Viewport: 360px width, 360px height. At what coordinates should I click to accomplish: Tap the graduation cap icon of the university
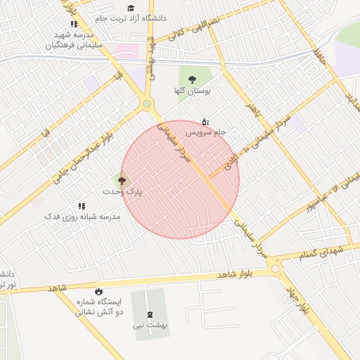tap(131, 8)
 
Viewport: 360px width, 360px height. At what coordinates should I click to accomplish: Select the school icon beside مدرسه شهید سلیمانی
tap(75, 24)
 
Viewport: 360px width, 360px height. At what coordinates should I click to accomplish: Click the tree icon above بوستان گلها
tap(192, 79)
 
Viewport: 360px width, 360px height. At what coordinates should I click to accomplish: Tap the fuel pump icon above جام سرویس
tap(205, 121)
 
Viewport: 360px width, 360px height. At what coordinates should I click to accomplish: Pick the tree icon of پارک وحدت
tap(122, 181)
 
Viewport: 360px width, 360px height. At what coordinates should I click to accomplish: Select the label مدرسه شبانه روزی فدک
tap(82, 217)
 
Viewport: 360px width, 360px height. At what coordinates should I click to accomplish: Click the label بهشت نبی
tap(150, 326)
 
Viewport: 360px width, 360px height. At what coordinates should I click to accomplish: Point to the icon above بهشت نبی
tap(150, 314)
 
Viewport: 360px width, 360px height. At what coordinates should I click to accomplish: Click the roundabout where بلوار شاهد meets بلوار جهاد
tap(275, 267)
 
